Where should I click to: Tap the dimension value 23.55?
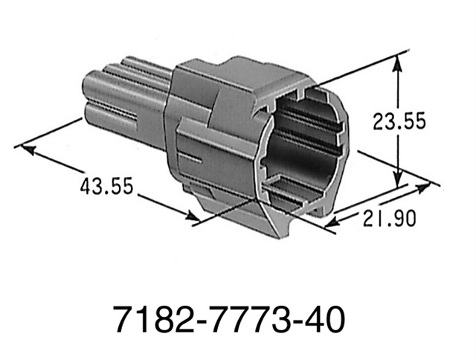[x=399, y=121]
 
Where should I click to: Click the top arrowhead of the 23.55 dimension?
[x=400, y=63]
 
